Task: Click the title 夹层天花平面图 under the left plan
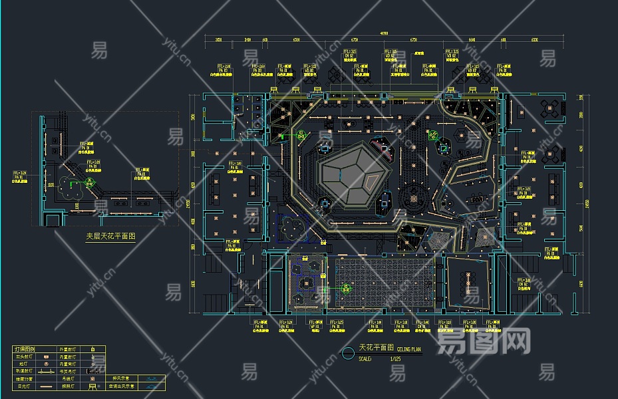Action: click(110, 236)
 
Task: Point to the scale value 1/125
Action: click(395, 358)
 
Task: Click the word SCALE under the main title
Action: click(365, 358)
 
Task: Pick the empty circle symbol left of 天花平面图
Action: click(348, 353)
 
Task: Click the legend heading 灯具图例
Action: click(25, 348)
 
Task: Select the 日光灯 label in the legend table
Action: click(25, 386)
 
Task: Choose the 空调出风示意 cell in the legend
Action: click(122, 386)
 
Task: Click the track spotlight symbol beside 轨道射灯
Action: click(45, 371)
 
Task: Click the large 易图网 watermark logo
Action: click(483, 342)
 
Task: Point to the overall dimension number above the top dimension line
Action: click(384, 33)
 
